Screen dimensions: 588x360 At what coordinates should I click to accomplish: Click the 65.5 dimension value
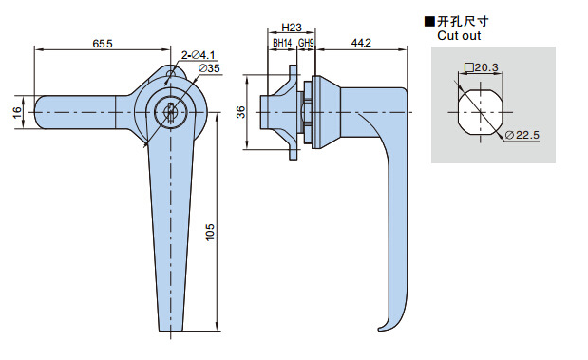coord(103,44)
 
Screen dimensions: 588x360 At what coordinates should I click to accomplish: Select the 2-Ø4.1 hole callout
coord(198,55)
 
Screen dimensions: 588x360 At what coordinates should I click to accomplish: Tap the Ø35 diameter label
coord(209,68)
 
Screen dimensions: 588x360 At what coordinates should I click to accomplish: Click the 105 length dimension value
coord(210,232)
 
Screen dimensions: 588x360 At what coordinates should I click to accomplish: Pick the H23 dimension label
coord(292,28)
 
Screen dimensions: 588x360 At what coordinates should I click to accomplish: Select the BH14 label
coord(282,43)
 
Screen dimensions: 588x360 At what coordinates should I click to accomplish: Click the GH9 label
coord(306,43)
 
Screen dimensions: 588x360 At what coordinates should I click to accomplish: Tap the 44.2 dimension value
coord(361,43)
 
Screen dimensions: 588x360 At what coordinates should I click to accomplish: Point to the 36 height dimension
coord(240,112)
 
